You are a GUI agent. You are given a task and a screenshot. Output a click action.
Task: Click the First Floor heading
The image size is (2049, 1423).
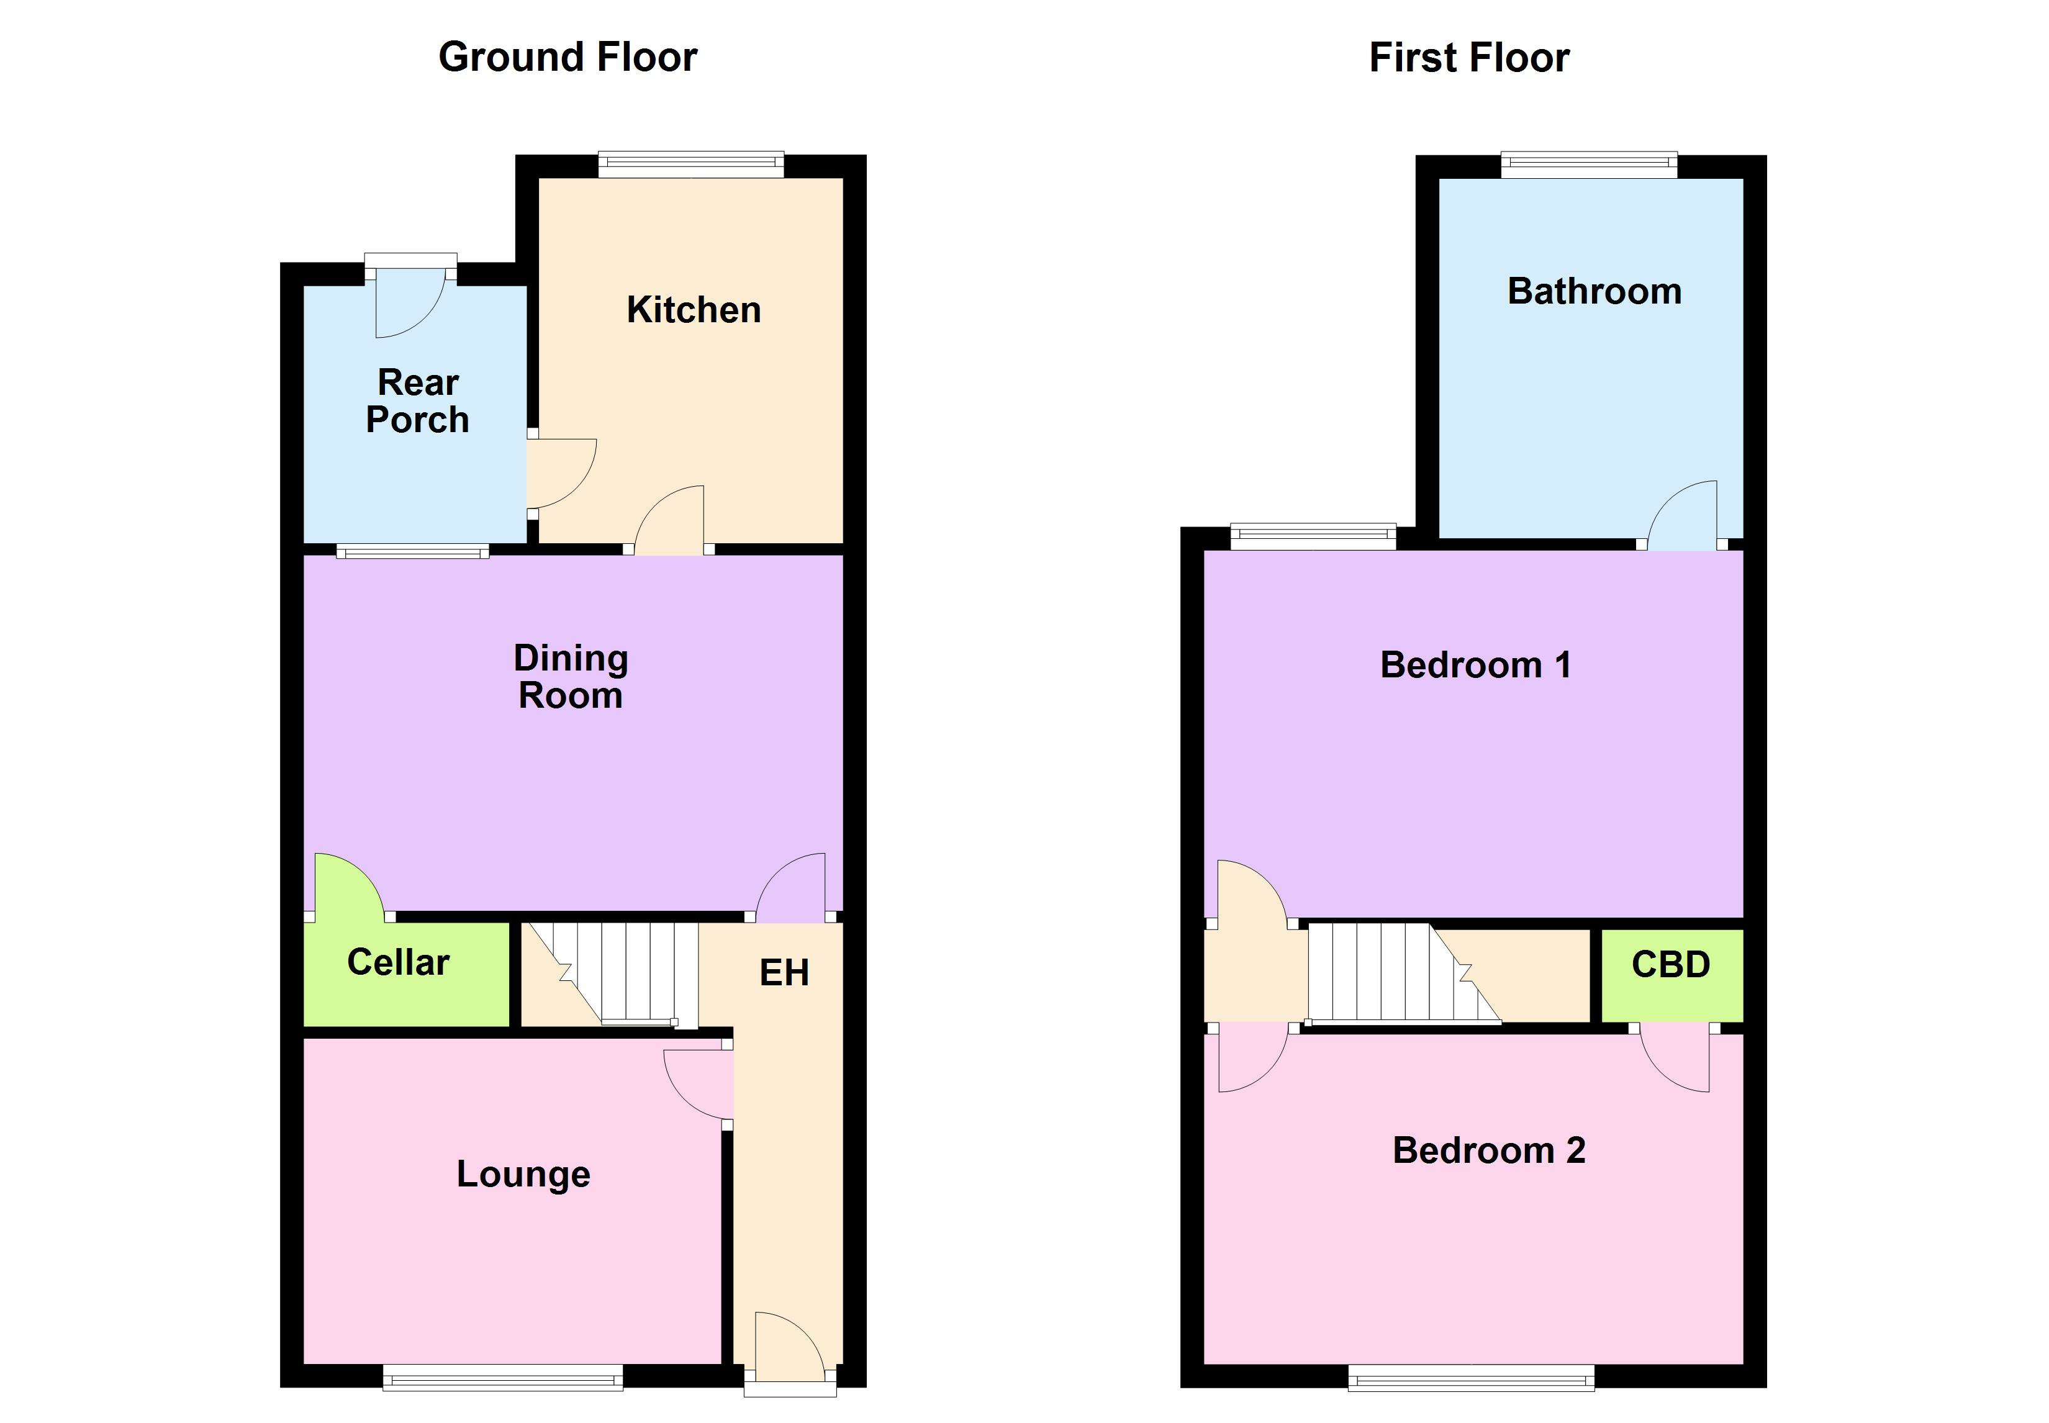click(1468, 58)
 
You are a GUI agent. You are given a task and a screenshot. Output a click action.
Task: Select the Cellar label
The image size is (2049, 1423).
click(397, 962)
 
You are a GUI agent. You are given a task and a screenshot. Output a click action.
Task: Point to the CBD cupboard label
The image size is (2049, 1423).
click(1670, 965)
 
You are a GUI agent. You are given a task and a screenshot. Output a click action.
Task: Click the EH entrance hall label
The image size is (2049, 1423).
click(784, 973)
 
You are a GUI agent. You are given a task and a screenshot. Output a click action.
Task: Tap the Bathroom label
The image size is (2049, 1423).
click(1593, 292)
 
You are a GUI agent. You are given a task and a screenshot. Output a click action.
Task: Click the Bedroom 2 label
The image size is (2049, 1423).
click(1488, 1150)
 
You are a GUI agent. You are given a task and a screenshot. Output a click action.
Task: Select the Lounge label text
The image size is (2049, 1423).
click(523, 1173)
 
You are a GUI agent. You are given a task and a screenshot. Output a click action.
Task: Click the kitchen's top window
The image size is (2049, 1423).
click(690, 164)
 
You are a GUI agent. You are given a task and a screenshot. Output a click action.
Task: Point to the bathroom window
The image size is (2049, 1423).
click(1588, 164)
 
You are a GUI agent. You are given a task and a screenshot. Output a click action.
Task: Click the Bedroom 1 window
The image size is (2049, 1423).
click(1313, 535)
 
